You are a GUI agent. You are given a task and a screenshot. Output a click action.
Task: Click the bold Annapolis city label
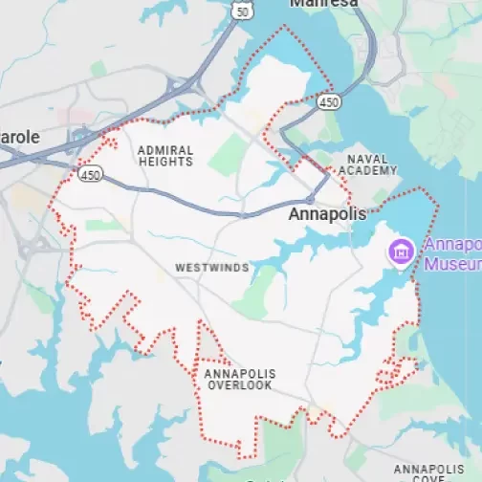(x=327, y=215)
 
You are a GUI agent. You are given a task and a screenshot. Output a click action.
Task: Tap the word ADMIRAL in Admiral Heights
(x=165, y=150)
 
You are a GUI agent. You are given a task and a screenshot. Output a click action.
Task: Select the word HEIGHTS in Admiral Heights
(x=165, y=163)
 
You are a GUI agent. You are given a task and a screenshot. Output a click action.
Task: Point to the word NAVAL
(x=370, y=159)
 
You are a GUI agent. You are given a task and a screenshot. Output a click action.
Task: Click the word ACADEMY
(x=370, y=170)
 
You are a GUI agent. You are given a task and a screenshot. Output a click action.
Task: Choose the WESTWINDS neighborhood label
(x=213, y=269)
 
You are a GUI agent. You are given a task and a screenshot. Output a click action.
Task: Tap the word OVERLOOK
(x=238, y=385)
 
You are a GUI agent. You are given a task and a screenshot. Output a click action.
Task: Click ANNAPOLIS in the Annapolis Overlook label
(x=239, y=373)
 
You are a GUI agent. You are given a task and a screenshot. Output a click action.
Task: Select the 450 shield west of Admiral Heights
(x=90, y=175)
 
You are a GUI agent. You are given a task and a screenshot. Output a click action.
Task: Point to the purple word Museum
(x=453, y=263)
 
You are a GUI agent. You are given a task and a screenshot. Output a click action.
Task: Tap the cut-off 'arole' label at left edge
(x=20, y=137)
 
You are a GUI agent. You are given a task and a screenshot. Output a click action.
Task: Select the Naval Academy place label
(x=370, y=164)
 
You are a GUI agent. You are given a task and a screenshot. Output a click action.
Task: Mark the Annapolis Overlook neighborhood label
(x=239, y=379)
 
